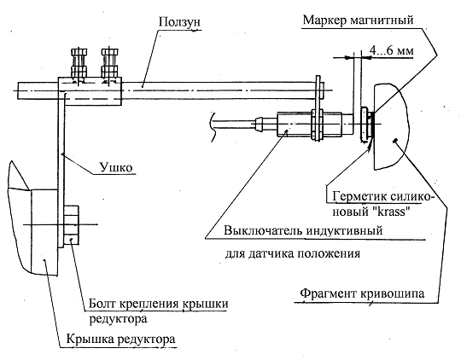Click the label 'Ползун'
pyautogui.click(x=179, y=21)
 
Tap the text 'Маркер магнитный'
pyautogui.click(x=358, y=20)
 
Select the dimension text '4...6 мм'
pyautogui.click(x=391, y=50)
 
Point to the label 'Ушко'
pyautogui.click(x=116, y=167)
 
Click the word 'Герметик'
pyautogui.click(x=355, y=196)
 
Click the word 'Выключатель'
pyautogui.click(x=263, y=230)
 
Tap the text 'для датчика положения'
pyautogui.click(x=293, y=253)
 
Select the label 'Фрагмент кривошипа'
pyautogui.click(x=362, y=293)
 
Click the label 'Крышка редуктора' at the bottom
pyautogui.click(x=120, y=339)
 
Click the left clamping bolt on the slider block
pyautogui.click(x=79, y=65)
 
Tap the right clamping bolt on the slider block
pyautogui.click(x=109, y=65)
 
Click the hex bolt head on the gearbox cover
pyautogui.click(x=71, y=225)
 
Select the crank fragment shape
pyautogui.click(x=391, y=126)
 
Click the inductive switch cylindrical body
pyautogui.click(x=309, y=124)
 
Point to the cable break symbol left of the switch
pyautogui.click(x=213, y=126)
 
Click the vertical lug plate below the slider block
pyautogui.click(x=61, y=171)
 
